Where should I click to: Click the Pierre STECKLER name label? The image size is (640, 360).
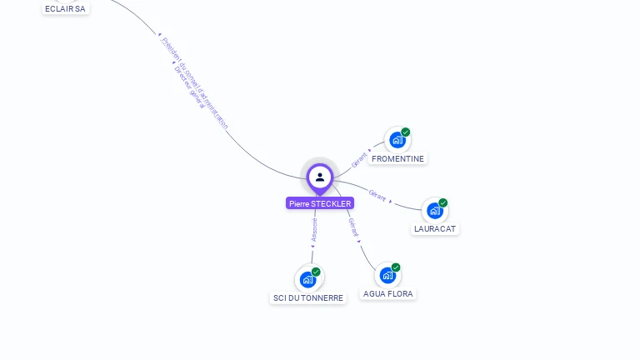click(x=320, y=203)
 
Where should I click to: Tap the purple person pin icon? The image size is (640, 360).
click(x=320, y=177)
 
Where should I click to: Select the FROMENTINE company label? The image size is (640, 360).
click(x=397, y=158)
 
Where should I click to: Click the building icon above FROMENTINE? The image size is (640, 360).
click(x=397, y=140)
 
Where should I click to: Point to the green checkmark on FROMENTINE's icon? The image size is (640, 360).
click(x=406, y=132)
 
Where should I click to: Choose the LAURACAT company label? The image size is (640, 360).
click(x=435, y=228)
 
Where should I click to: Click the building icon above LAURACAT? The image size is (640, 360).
click(x=434, y=211)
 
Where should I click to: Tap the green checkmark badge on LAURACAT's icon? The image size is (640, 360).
click(x=443, y=202)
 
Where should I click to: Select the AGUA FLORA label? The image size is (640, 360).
click(x=388, y=293)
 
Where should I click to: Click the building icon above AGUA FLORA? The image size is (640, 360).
click(x=387, y=275)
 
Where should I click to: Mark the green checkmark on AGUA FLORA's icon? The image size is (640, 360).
click(x=396, y=267)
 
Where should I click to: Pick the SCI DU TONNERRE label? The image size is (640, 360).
click(x=308, y=297)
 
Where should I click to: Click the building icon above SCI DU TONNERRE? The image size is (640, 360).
click(x=307, y=279)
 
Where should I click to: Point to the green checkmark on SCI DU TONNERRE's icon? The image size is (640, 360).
click(x=316, y=272)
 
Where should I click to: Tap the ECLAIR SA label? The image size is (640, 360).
click(x=65, y=8)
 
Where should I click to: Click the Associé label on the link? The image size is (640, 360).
click(x=314, y=230)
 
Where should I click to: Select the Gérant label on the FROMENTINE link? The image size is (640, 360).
click(x=360, y=160)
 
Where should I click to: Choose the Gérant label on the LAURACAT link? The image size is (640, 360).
click(x=377, y=197)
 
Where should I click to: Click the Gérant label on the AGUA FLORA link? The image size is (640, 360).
click(x=353, y=227)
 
